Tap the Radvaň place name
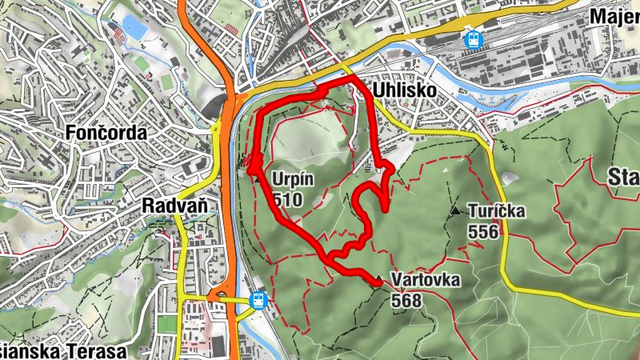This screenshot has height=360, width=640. tap(174, 206)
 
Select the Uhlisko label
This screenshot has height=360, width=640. tap(404, 90)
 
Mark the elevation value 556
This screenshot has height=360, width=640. tap(484, 232)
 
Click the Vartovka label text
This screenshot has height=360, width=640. tap(426, 280)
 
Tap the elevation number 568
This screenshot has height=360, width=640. tap(407, 300)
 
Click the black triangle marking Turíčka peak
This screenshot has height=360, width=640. tap(455, 211)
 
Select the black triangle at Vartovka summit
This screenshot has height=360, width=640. tap(378, 279)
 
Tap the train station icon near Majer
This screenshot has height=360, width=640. tap(474, 38)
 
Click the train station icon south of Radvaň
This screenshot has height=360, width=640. tap(258, 300)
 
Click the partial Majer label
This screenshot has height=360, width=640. tap(614, 16)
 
